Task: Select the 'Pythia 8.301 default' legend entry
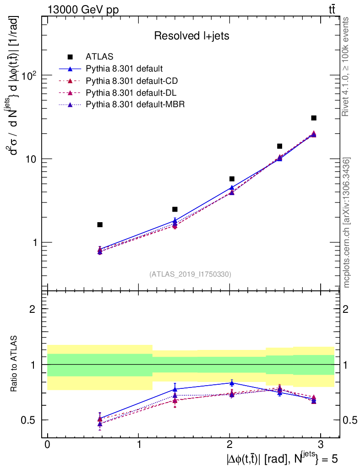click(x=124, y=69)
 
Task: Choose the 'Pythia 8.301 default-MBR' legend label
click(x=135, y=104)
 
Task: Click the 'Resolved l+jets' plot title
click(x=191, y=36)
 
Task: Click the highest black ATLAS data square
click(x=314, y=118)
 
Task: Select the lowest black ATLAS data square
click(x=100, y=224)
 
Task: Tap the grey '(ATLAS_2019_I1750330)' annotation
click(x=190, y=274)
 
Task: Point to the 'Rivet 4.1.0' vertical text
click(x=347, y=66)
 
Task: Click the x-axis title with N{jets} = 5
click(x=281, y=458)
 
